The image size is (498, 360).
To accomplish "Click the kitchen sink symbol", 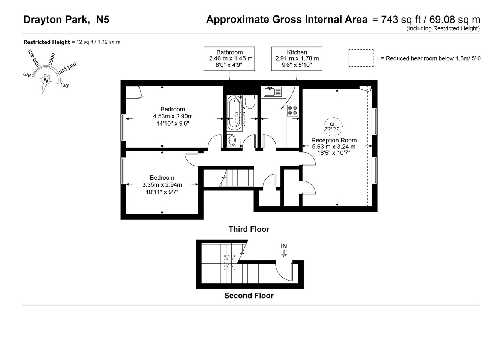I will (273, 91).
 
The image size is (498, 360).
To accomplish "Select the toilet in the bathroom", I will (250, 101).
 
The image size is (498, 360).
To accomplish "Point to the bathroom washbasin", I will (232, 140).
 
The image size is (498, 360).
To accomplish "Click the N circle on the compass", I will (46, 80).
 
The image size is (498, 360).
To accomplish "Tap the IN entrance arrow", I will (284, 253).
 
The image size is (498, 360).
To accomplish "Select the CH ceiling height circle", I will (333, 126).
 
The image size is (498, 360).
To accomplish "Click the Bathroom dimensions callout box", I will (229, 58).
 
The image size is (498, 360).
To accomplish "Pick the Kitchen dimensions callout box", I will (297, 58).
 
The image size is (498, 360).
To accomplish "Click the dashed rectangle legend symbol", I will (361, 58).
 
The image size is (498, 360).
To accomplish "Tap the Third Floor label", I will (249, 229).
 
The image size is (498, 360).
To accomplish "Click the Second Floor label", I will (249, 295).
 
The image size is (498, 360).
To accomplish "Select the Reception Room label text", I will (334, 140).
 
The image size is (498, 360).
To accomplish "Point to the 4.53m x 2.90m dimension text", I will (172, 116).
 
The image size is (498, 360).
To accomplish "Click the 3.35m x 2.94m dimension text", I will (162, 185).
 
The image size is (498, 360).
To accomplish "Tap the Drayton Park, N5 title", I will (66, 19).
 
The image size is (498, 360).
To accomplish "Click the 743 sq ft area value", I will (398, 19).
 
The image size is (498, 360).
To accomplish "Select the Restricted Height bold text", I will (46, 42).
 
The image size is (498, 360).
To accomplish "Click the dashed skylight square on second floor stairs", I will (230, 262).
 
